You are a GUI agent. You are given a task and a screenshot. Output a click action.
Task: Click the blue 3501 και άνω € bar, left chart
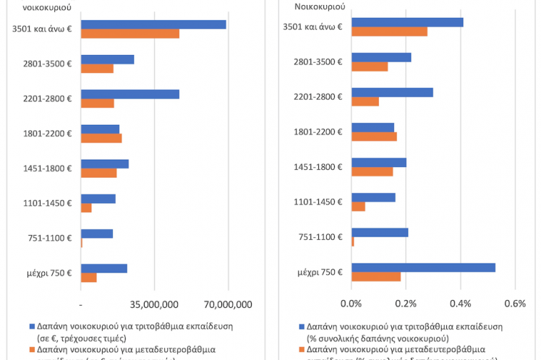click(x=153, y=25)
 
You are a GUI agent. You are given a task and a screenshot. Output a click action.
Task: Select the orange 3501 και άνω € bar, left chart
click(x=130, y=33)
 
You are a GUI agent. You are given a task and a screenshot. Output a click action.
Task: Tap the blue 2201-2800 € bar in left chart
click(x=130, y=94)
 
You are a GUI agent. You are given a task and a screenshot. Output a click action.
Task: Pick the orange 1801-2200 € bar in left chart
click(x=101, y=138)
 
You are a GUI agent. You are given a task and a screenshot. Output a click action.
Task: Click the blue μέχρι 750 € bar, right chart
click(x=423, y=267)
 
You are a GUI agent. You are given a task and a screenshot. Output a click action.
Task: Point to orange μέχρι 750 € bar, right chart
click(x=375, y=276)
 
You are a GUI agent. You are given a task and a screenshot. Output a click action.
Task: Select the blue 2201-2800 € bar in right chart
click(x=392, y=93)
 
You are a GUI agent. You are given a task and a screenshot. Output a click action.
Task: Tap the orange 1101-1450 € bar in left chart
click(x=87, y=208)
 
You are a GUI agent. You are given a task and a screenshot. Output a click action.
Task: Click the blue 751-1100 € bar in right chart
click(x=380, y=232)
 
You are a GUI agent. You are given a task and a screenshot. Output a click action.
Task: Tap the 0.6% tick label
click(x=514, y=304)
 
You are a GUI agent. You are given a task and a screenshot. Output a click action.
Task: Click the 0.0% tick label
click(x=351, y=304)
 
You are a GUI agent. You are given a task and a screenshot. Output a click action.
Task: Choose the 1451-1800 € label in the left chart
click(x=49, y=168)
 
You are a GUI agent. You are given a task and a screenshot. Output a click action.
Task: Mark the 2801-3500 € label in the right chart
click(x=319, y=61)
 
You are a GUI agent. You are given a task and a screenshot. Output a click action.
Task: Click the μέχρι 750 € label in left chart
click(x=51, y=273)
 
